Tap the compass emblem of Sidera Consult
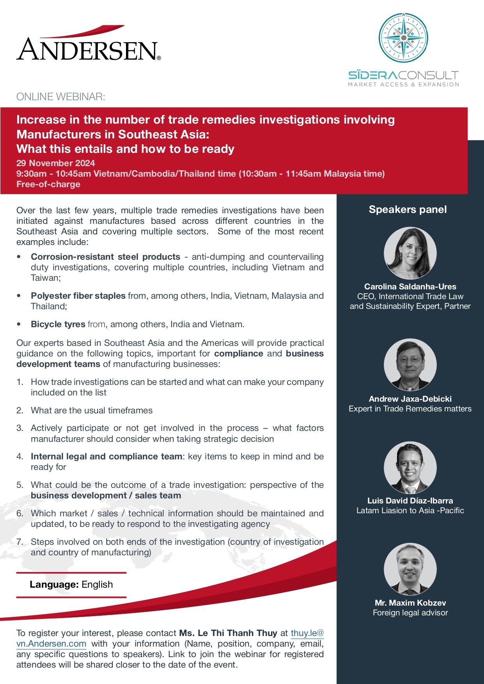pyautogui.click(x=403, y=37)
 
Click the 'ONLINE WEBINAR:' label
pyautogui.click(x=61, y=97)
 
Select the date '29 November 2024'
pyautogui.click(x=56, y=163)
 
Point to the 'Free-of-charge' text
pyautogui.click(x=48, y=184)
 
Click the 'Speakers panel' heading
pyautogui.click(x=408, y=209)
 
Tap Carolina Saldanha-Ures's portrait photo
pyautogui.click(x=410, y=253)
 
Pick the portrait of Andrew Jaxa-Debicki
pyautogui.click(x=410, y=365)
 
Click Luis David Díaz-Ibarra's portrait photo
pyautogui.click(x=410, y=468)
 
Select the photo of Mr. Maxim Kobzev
pyautogui.click(x=410, y=569)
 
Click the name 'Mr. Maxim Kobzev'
pyautogui.click(x=410, y=602)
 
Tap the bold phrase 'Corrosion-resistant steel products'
pyautogui.click(x=105, y=257)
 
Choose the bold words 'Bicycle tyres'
pyautogui.click(x=58, y=324)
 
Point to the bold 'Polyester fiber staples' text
pyautogui.click(x=78, y=296)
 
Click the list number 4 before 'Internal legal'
pyautogui.click(x=20, y=456)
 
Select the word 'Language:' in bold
pyautogui.click(x=54, y=584)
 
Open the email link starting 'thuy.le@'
pyautogui.click(x=307, y=633)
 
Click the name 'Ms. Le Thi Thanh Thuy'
pyautogui.click(x=228, y=633)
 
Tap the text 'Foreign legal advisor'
pyautogui.click(x=410, y=613)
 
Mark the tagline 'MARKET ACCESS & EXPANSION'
pyautogui.click(x=403, y=84)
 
